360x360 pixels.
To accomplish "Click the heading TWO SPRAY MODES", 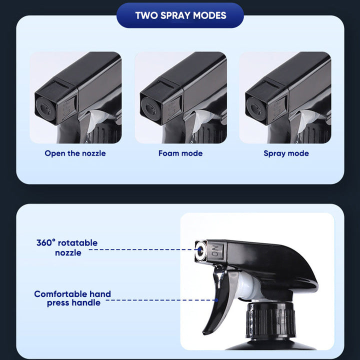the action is (180, 15).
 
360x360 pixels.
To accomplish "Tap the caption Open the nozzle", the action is (75, 153).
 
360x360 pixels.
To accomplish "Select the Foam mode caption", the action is (180, 153).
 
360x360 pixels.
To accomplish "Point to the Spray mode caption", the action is (286, 153).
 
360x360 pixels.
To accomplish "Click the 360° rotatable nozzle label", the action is (67, 247).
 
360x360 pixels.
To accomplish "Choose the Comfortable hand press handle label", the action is (72, 298).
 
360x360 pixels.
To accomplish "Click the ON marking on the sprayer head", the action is (215, 251).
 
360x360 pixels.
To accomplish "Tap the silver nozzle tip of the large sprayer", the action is (201, 251).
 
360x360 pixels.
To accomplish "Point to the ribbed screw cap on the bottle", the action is (270, 320).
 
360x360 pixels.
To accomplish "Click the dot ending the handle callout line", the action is (216, 300).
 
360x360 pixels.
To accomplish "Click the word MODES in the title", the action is (209, 15).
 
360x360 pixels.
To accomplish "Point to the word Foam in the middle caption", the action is (168, 153).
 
